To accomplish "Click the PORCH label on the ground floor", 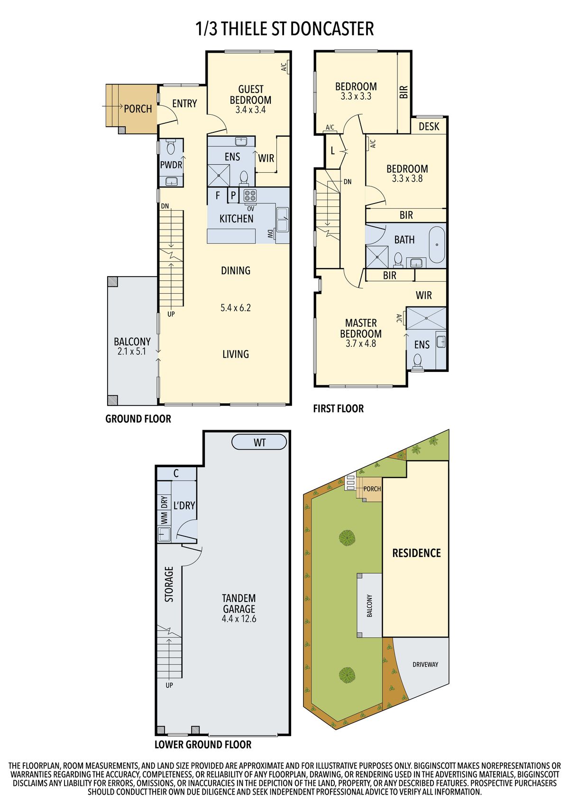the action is (x=138, y=109).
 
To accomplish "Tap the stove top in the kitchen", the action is (x=250, y=195).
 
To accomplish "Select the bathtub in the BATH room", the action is (x=437, y=244).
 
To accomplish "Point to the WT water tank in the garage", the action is (x=259, y=442).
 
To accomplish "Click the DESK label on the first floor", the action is (x=429, y=127).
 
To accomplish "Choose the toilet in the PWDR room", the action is (x=171, y=147).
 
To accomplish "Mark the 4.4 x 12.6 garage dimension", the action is (x=239, y=619).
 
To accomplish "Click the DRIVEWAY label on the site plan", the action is (x=425, y=665).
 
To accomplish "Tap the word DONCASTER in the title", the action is (x=332, y=29).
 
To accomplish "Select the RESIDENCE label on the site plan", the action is (x=416, y=553).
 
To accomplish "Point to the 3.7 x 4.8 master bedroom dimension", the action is (x=361, y=343).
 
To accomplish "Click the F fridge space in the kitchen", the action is (x=218, y=195).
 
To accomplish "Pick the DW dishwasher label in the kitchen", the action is (x=270, y=234).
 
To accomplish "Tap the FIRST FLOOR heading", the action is (x=339, y=408).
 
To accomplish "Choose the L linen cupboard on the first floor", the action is (x=333, y=151).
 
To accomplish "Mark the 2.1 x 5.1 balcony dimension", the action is (x=132, y=351).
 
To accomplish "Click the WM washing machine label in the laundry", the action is (x=164, y=518).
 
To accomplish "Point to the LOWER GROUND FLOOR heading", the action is (x=203, y=745).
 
